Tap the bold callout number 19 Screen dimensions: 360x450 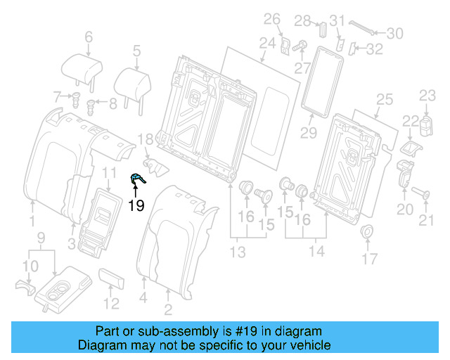[x=136, y=205]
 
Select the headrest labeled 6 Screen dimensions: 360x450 [x=82, y=68]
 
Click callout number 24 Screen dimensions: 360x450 [x=266, y=44]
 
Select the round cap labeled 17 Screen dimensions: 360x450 [x=366, y=233]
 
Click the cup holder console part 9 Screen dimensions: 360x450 [x=60, y=287]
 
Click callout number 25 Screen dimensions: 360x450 [x=384, y=100]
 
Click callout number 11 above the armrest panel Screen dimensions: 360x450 [x=109, y=173]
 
